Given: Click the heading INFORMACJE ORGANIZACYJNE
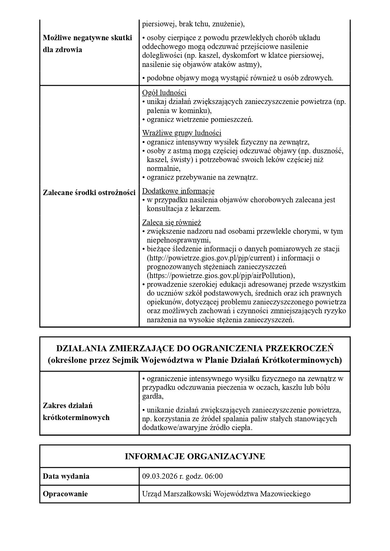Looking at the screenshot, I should pyautogui.click(x=195, y=456).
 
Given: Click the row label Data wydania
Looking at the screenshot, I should pyautogui.click(x=66, y=476).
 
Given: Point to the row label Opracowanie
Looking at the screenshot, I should pyautogui.click(x=65, y=494).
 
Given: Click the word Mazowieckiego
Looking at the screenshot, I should pyautogui.click(x=285, y=494).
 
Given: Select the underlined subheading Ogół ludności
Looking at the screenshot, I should pyautogui.click(x=164, y=93).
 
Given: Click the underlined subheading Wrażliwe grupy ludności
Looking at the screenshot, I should pyautogui.click(x=181, y=133).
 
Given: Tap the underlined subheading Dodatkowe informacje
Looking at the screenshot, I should pyautogui.click(x=178, y=191).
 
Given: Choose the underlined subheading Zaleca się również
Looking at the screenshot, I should pyautogui.click(x=171, y=223).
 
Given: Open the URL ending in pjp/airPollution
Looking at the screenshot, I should pyautogui.click(x=220, y=276).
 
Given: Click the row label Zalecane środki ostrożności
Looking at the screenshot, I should pyautogui.click(x=89, y=193).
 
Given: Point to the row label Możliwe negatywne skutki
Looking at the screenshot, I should pyautogui.click(x=87, y=38).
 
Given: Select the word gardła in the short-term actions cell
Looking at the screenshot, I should pyautogui.click(x=153, y=396).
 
